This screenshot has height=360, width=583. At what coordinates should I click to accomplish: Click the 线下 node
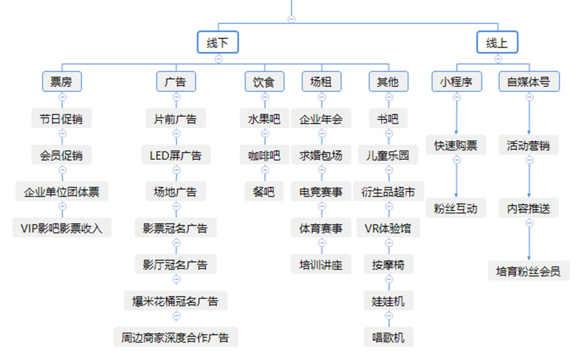[x=218, y=43]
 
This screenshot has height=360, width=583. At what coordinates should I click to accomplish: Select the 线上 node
[x=497, y=43]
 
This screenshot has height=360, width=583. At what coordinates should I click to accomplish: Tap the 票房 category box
[x=62, y=82]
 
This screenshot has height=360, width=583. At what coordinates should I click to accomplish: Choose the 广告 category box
[x=175, y=82]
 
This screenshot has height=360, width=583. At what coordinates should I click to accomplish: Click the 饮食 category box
[x=264, y=82]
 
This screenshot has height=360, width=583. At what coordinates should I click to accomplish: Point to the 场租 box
[x=321, y=82]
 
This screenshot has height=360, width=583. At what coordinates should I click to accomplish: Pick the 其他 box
[x=388, y=82]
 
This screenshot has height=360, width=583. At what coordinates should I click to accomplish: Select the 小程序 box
[x=456, y=82]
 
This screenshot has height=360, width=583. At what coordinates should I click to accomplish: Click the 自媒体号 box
[x=529, y=82]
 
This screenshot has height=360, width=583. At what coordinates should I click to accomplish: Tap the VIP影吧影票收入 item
[x=62, y=228]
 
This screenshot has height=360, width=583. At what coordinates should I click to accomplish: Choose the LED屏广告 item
[x=175, y=156]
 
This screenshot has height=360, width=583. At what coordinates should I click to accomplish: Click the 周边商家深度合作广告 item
[x=175, y=337]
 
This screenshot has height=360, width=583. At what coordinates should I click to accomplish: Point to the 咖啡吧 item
[x=264, y=156]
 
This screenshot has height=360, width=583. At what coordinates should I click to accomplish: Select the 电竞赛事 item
[x=321, y=192]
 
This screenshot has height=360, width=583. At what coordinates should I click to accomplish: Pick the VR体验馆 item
[x=388, y=228]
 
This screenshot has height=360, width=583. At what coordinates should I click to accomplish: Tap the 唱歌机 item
[x=388, y=337]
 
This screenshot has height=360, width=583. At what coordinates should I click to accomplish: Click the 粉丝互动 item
[x=456, y=208]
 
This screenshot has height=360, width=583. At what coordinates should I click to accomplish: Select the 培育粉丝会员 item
[x=529, y=271]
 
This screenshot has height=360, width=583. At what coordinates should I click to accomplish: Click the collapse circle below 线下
[x=218, y=58]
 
